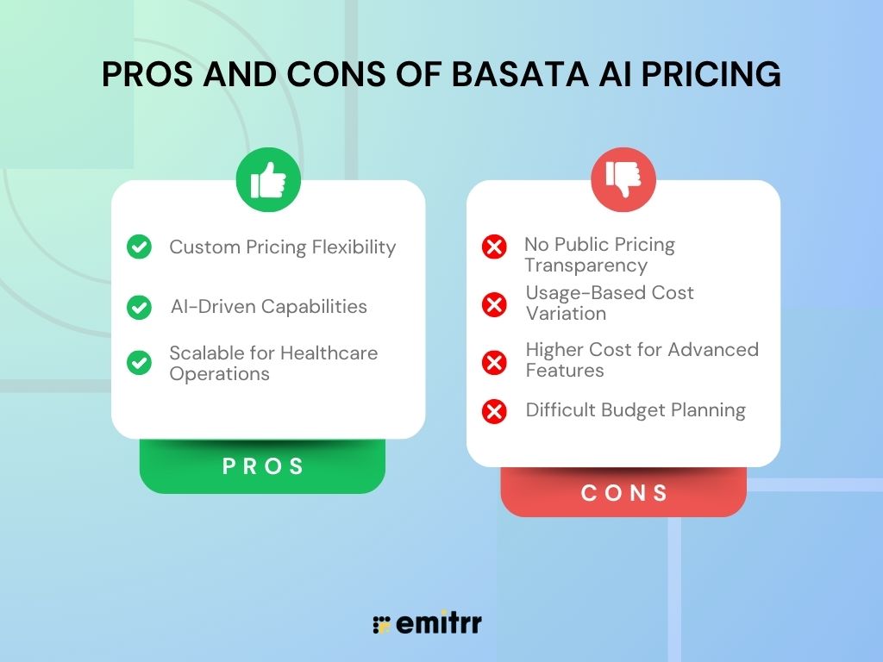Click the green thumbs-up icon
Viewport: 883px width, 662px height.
tap(268, 180)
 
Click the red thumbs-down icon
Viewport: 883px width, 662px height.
tap(623, 180)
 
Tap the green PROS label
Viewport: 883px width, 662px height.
tap(263, 466)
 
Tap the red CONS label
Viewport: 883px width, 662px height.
tap(624, 492)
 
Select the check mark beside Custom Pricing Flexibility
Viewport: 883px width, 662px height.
tap(139, 247)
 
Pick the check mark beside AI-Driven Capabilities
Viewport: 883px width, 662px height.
tap(139, 307)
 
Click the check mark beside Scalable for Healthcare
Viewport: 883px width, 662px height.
tap(139, 363)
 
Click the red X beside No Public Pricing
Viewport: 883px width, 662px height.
tap(494, 248)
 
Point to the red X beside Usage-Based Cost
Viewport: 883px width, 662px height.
tap(494, 303)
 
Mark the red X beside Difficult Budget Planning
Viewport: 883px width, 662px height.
tap(494, 411)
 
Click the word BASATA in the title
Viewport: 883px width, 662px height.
tap(513, 75)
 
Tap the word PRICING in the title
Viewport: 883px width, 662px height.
tap(706, 75)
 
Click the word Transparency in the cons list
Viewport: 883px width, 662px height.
tap(585, 265)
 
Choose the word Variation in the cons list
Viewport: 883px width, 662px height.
tap(566, 314)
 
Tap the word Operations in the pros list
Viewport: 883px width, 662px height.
tap(219, 374)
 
